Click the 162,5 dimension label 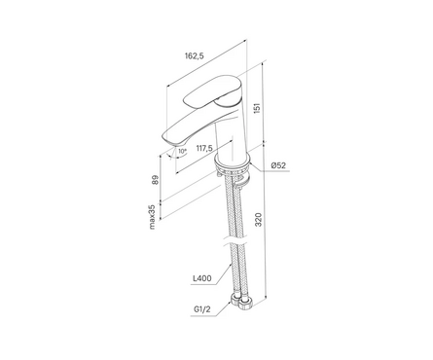tap(195, 55)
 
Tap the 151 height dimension tap(257, 108)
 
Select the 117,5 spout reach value tap(204, 148)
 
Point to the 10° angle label tap(183, 151)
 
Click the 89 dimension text tap(156, 180)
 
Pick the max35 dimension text tap(152, 218)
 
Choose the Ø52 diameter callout tap(278, 165)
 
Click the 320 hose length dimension tap(259, 220)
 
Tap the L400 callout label tap(202, 278)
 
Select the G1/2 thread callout tap(202, 309)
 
